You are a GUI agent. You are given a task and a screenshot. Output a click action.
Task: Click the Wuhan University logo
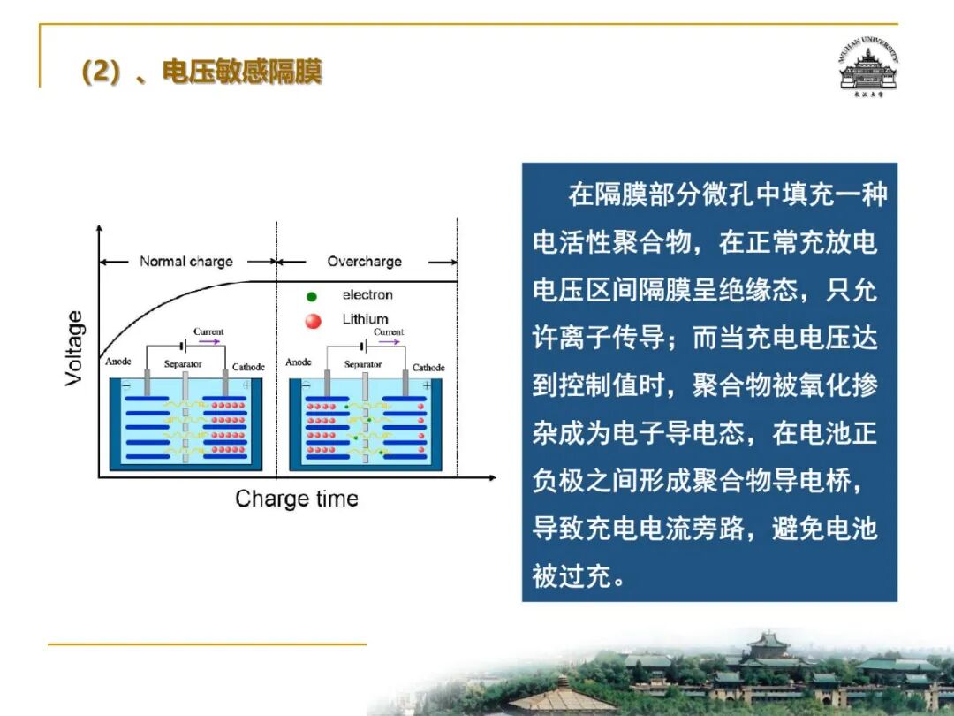point(868,67)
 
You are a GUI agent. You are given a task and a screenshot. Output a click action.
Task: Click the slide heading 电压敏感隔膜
point(242,72)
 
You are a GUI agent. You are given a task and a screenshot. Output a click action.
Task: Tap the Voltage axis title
point(73,347)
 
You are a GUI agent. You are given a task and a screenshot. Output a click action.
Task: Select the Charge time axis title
point(297,499)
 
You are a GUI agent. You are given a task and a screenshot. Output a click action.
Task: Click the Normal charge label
point(186,261)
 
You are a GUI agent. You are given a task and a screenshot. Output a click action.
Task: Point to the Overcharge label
point(365,261)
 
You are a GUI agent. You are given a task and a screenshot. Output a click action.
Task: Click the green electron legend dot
point(312,296)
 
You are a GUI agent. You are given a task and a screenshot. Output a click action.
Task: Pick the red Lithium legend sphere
point(313,320)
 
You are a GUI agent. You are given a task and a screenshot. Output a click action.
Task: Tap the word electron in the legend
point(367,294)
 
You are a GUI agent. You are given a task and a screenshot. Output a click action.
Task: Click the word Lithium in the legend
point(365,319)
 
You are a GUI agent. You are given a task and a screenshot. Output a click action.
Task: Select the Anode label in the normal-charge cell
point(118,361)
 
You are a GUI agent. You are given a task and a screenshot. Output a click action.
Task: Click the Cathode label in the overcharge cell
point(428,367)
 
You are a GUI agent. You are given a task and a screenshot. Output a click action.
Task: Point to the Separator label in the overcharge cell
point(363,364)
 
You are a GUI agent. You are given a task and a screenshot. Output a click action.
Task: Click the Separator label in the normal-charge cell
point(183,363)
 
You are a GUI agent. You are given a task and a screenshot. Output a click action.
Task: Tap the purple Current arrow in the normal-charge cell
point(209,341)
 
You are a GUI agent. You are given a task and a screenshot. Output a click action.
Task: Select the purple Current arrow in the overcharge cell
point(390,341)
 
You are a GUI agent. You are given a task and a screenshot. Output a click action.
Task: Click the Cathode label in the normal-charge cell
point(248,367)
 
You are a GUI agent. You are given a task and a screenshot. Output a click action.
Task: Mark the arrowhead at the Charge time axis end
point(494,478)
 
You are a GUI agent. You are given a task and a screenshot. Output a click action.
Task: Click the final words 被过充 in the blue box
point(572,575)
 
